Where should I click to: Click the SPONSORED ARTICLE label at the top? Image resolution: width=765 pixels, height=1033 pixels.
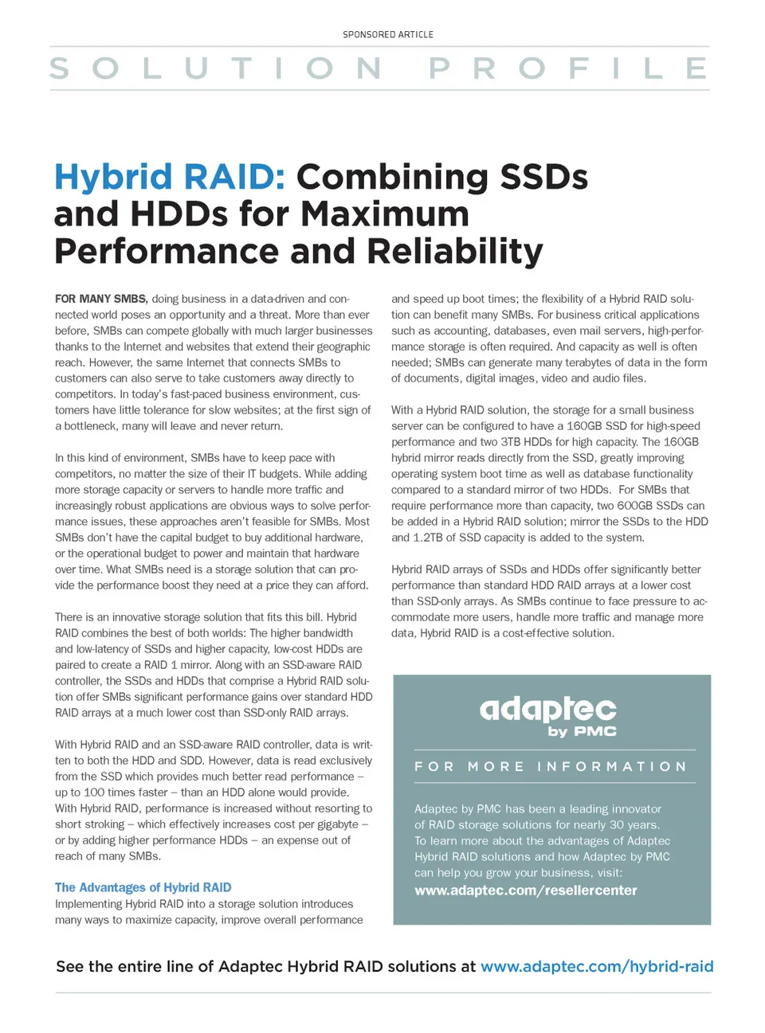pyautogui.click(x=388, y=35)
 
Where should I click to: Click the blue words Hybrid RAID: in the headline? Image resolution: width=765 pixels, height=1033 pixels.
pyautogui.click(x=170, y=177)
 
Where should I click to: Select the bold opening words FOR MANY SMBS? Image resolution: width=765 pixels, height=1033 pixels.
pyautogui.click(x=101, y=299)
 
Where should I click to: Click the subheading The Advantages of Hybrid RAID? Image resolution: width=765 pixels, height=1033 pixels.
pyautogui.click(x=143, y=887)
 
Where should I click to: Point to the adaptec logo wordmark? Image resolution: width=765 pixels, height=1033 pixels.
pyautogui.click(x=547, y=708)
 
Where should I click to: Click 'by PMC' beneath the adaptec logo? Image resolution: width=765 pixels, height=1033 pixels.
pyautogui.click(x=582, y=731)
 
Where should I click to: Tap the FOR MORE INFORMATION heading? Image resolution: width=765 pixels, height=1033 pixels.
pyautogui.click(x=551, y=766)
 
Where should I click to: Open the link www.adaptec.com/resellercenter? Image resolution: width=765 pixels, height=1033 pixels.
pyautogui.click(x=526, y=890)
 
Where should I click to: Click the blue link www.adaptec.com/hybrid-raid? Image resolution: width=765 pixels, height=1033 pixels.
pyautogui.click(x=597, y=967)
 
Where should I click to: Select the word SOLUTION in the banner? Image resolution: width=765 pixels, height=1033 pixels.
pyautogui.click(x=215, y=68)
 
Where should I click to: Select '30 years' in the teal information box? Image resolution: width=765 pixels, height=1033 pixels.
pyautogui.click(x=634, y=825)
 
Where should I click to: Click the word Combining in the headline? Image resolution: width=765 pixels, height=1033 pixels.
pyautogui.click(x=392, y=177)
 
